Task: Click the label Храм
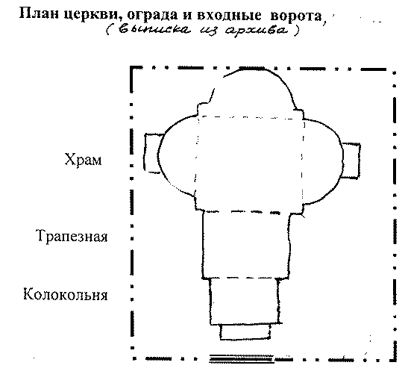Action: point(83,159)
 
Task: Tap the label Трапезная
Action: point(72,236)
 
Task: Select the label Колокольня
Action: point(66,294)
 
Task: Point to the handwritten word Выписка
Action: point(154,30)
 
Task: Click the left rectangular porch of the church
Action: point(151,153)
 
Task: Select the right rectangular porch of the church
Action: point(351,161)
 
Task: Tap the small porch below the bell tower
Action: point(245,331)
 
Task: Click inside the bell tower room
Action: point(245,301)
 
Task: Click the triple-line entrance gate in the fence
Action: point(242,359)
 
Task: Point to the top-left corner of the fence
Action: point(131,68)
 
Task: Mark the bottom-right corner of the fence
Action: point(395,360)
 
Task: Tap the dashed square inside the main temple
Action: point(249,116)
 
